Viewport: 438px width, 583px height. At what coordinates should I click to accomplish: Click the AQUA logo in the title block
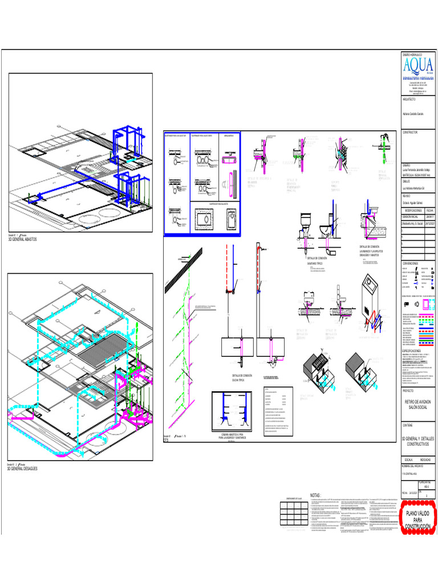click(417, 64)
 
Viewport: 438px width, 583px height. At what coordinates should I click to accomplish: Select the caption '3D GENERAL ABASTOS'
click(22, 240)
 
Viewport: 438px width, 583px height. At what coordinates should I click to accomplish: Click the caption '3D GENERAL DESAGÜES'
click(22, 468)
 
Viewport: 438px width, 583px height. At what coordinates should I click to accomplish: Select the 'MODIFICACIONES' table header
click(412, 210)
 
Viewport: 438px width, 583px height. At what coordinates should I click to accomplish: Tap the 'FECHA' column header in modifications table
click(429, 210)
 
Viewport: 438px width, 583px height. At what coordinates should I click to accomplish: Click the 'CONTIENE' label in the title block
click(408, 425)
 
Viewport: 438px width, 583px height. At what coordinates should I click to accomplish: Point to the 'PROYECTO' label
click(408, 392)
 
